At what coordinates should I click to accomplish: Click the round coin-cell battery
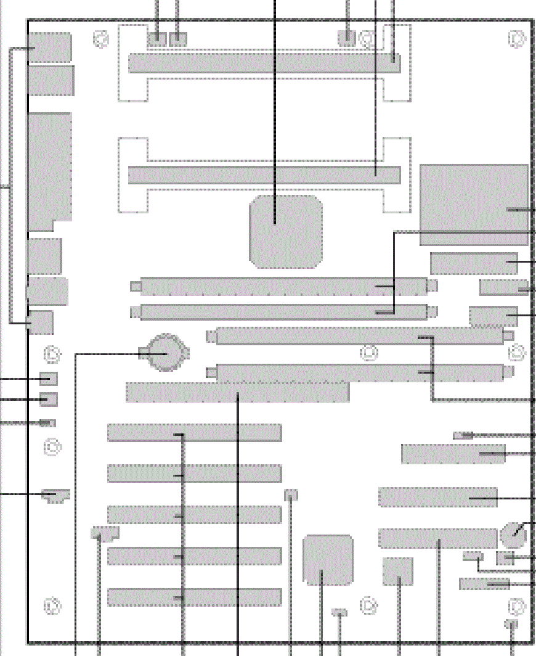click(166, 353)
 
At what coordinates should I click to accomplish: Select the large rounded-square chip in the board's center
click(286, 232)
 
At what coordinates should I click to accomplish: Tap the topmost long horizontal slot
click(264, 63)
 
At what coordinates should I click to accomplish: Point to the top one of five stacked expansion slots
click(194, 433)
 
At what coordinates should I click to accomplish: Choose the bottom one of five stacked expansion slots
click(194, 597)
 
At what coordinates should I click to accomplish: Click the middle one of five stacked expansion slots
click(194, 515)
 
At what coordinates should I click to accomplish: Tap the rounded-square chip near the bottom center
click(328, 560)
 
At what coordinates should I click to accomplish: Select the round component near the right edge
click(513, 535)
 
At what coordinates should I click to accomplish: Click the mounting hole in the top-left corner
click(102, 39)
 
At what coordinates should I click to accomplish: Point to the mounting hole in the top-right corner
click(517, 39)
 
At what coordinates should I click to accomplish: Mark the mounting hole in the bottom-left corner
click(52, 605)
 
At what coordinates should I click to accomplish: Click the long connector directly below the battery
click(237, 392)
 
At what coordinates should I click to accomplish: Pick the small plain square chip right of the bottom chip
click(397, 571)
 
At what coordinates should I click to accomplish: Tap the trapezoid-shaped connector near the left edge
click(56, 495)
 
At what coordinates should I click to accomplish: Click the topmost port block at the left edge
click(49, 47)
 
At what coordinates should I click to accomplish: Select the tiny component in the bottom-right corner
click(511, 624)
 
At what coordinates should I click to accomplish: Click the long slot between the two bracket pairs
click(264, 174)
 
